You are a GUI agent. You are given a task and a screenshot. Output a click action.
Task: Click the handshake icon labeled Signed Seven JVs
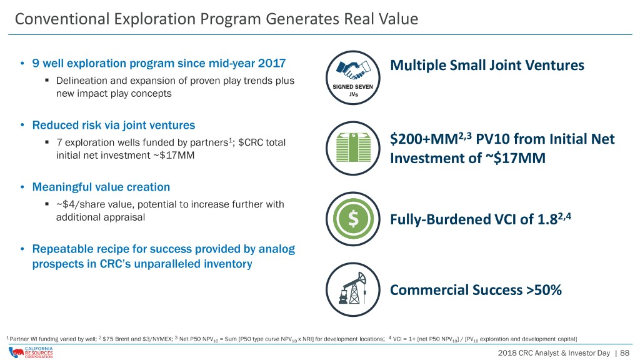coord(353,77)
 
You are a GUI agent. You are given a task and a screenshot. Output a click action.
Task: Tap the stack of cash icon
coord(353,148)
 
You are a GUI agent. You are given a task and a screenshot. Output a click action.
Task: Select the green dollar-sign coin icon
coord(353,219)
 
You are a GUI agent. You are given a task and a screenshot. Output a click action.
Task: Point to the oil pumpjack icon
coord(353,289)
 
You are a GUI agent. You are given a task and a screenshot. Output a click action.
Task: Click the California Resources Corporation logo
coord(31,352)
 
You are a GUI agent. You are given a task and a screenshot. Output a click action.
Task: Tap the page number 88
coord(624,353)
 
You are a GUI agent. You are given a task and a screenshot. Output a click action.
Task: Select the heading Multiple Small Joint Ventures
coord(487,65)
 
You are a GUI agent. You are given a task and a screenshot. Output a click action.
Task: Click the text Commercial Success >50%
coord(476,290)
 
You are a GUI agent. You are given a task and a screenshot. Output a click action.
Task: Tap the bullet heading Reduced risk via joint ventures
coord(114,125)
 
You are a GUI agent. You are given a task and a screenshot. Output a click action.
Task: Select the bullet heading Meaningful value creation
coord(101,187)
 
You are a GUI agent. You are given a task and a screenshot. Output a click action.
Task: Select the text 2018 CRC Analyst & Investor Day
coord(554,353)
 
